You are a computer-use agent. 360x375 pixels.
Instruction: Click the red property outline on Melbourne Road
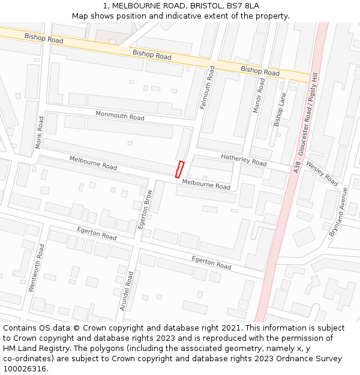pyautogui.click(x=179, y=169)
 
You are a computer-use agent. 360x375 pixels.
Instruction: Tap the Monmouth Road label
pyautogui.click(x=120, y=115)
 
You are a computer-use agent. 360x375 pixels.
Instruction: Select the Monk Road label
pyautogui.click(x=40, y=132)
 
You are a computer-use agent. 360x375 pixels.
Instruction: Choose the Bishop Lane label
pyautogui.click(x=280, y=109)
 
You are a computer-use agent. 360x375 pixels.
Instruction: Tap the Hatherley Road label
pyautogui.click(x=244, y=160)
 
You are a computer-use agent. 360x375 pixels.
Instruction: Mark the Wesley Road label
pyautogui.click(x=322, y=172)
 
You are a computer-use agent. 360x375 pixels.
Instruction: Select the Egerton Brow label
pyautogui.click(x=146, y=209)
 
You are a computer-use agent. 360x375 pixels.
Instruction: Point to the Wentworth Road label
pyautogui.click(x=37, y=268)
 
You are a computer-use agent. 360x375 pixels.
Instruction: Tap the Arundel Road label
pyautogui.click(x=127, y=290)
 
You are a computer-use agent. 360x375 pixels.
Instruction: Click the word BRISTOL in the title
pyautogui.click(x=194, y=6)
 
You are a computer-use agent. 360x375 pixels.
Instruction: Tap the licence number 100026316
pyautogui.click(x=25, y=369)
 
